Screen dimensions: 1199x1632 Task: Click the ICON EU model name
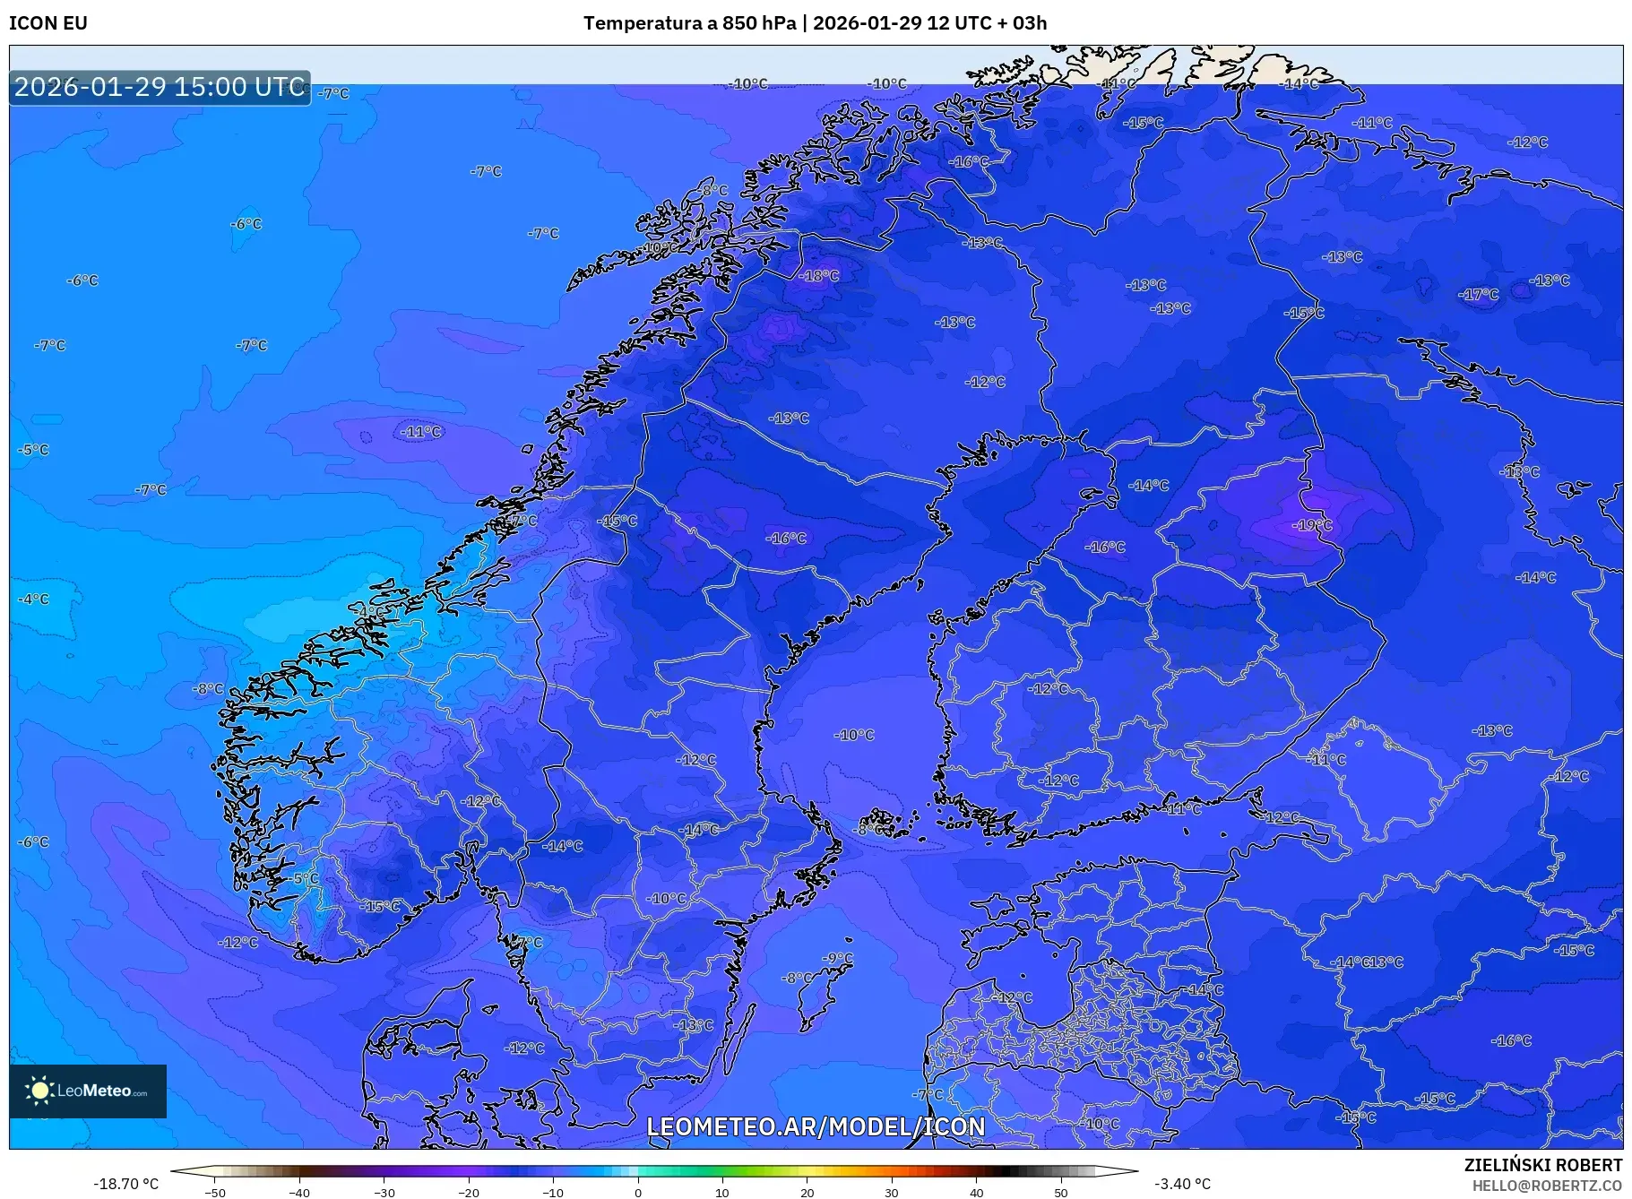pos(48,23)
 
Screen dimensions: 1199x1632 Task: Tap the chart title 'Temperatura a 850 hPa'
pos(689,23)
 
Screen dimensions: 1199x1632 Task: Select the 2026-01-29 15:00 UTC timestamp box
pos(160,87)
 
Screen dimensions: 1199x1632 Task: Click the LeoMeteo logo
pos(88,1091)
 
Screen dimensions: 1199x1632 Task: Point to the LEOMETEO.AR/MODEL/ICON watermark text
pos(816,1126)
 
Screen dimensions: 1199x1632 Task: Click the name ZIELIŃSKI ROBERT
pos(1542,1165)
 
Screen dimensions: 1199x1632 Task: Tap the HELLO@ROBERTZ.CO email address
pos(1546,1185)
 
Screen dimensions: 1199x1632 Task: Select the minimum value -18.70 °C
pos(126,1184)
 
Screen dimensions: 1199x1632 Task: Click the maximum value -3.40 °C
pos(1182,1184)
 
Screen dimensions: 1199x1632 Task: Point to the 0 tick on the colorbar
pos(638,1193)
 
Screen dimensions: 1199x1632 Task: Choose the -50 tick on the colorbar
pos(215,1193)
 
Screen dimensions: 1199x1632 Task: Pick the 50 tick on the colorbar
pos(1061,1193)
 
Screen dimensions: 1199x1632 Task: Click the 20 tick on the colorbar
pos(807,1193)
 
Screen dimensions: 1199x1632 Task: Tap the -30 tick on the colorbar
pos(384,1193)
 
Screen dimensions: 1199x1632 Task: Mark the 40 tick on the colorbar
pos(976,1193)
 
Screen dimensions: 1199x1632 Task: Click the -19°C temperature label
pos(1312,525)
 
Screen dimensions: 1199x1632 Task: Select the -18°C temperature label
pos(819,276)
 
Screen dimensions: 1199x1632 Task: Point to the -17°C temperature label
pos(1478,295)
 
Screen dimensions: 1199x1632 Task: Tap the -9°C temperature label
pos(838,959)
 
